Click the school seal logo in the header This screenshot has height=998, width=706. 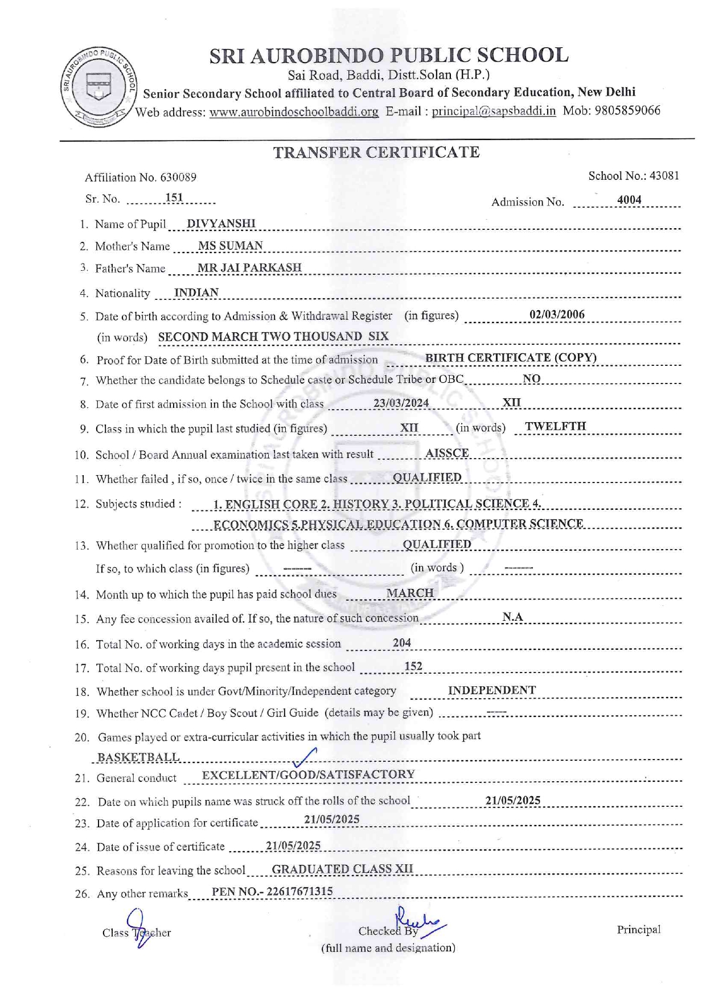pyautogui.click(x=98, y=86)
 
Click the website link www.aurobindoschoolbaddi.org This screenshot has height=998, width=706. pyautogui.click(x=294, y=112)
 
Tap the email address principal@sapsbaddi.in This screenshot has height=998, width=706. pyautogui.click(x=493, y=111)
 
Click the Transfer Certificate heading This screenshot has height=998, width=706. pyautogui.click(x=376, y=152)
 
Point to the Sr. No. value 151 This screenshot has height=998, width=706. pyautogui.click(x=174, y=198)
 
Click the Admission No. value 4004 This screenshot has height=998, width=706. pyautogui.click(x=629, y=200)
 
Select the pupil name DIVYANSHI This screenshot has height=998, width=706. pyautogui.click(x=221, y=224)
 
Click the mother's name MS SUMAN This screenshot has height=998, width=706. pyautogui.click(x=231, y=246)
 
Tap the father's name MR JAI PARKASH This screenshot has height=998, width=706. pyautogui.click(x=249, y=267)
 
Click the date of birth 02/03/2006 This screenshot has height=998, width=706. pyautogui.click(x=557, y=315)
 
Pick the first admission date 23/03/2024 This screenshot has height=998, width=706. pyautogui.click(x=401, y=403)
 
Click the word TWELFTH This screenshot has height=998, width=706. pyautogui.click(x=555, y=426)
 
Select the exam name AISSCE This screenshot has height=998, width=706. pyautogui.click(x=447, y=453)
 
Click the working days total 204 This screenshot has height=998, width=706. pyautogui.click(x=402, y=643)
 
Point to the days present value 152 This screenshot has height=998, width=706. pyautogui.click(x=413, y=666)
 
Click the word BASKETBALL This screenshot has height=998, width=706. pyautogui.click(x=138, y=757)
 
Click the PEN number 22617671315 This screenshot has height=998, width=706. pyautogui.click(x=299, y=892)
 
